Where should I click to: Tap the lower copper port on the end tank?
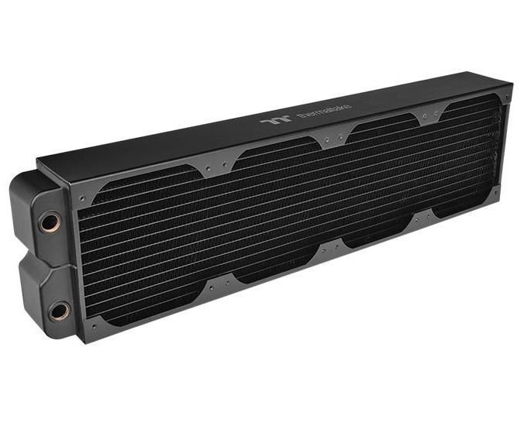tap(57, 311)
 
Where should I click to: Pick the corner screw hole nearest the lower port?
tap(92, 325)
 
